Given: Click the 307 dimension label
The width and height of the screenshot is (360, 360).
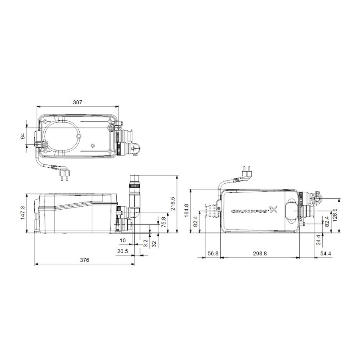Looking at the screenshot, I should [77, 102].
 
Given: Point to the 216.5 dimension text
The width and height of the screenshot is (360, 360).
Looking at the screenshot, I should [183, 204].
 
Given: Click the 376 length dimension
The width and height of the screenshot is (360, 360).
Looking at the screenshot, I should [84, 260].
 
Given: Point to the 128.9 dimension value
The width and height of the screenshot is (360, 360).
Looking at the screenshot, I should [346, 215].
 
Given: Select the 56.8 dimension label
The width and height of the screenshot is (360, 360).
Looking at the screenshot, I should [213, 254].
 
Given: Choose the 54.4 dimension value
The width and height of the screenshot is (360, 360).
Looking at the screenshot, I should [326, 254].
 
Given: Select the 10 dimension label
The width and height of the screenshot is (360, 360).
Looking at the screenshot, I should [123, 241].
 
